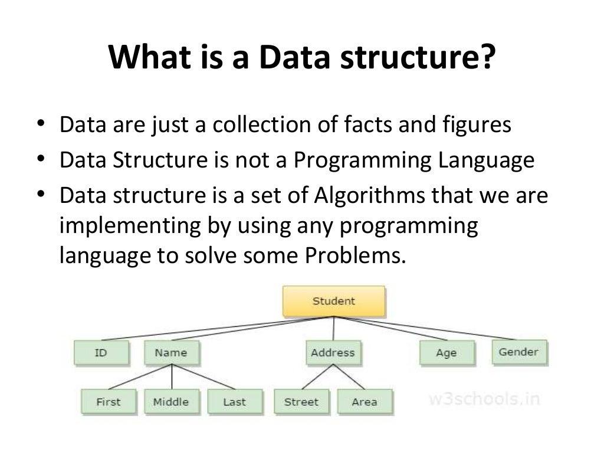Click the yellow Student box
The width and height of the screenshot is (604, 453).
(x=334, y=301)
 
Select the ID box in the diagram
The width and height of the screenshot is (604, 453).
(x=100, y=353)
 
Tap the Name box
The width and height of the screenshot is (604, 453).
(x=171, y=353)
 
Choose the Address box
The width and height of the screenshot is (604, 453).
(x=333, y=353)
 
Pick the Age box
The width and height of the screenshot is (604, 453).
(x=446, y=353)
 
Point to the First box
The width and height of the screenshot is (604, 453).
(x=108, y=402)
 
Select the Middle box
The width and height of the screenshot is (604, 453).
(x=171, y=402)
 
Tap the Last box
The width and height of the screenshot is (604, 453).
(x=234, y=402)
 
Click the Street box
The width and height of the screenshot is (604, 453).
(x=302, y=402)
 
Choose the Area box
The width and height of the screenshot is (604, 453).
(x=364, y=402)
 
